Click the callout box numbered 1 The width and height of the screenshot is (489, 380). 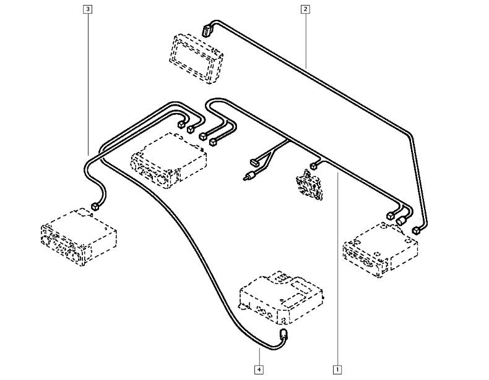pyautogui.click(x=337, y=369)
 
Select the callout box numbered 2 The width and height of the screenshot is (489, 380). pyautogui.click(x=305, y=9)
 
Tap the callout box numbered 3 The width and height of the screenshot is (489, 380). pyautogui.click(x=88, y=9)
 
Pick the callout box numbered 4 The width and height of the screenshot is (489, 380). pyautogui.click(x=259, y=369)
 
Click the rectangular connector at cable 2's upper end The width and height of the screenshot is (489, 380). pyautogui.click(x=207, y=30)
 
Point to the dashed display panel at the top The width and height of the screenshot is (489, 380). pyautogui.click(x=196, y=59)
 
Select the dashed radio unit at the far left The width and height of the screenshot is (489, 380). pyautogui.click(x=79, y=237)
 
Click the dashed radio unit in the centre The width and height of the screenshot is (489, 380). pyautogui.click(x=169, y=161)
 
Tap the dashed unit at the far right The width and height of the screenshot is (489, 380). pyautogui.click(x=380, y=250)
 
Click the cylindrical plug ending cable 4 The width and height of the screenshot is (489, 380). pyautogui.click(x=283, y=335)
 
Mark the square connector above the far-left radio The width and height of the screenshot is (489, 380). pyautogui.click(x=95, y=206)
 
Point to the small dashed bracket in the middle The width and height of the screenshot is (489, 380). pyautogui.click(x=309, y=185)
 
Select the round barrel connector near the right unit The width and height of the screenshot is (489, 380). pyautogui.click(x=400, y=221)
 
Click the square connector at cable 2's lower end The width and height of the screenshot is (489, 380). pyautogui.click(x=416, y=230)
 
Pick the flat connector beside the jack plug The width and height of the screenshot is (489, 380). pyautogui.click(x=254, y=162)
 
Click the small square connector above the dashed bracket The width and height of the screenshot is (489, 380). pyautogui.click(x=313, y=166)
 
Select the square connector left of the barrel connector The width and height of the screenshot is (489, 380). pyautogui.click(x=390, y=216)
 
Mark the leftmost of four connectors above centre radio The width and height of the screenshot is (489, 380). pyautogui.click(x=181, y=125)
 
